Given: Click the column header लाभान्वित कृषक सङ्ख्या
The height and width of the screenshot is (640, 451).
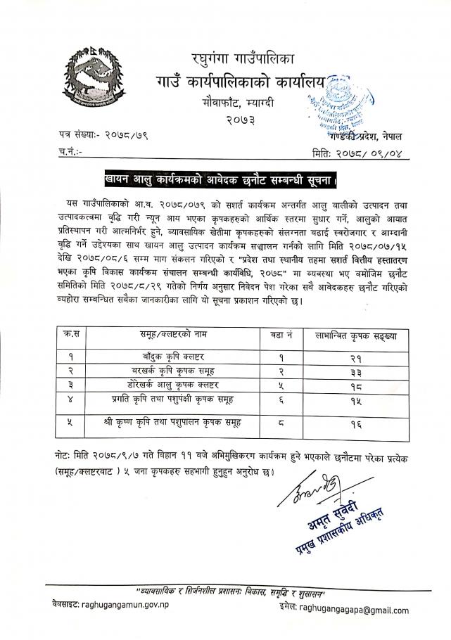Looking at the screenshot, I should (x=357, y=337).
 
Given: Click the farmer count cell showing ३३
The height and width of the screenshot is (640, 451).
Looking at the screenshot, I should (x=358, y=371).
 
